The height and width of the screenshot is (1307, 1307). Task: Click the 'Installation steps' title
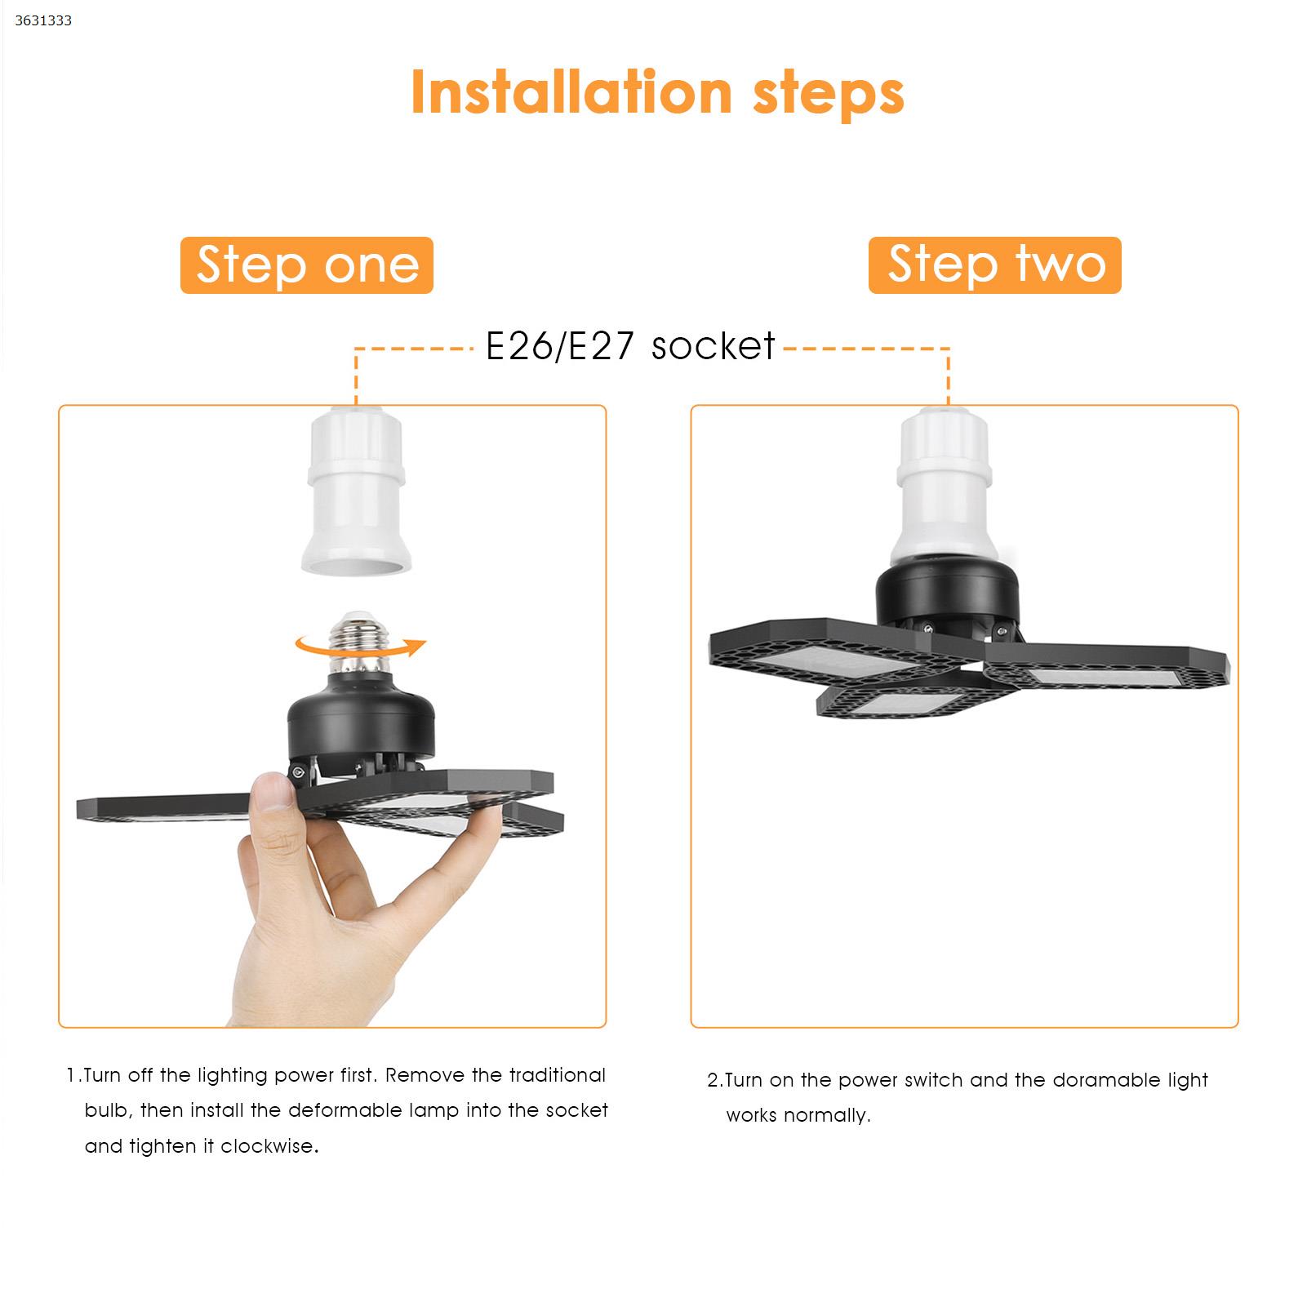click(657, 93)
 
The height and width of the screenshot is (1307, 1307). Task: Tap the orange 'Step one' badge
click(307, 265)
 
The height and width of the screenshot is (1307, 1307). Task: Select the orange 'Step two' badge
click(995, 265)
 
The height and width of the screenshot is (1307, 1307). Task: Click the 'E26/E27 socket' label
click(630, 345)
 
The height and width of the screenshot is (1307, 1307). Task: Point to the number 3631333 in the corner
click(43, 20)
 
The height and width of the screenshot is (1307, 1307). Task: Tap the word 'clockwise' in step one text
click(267, 1146)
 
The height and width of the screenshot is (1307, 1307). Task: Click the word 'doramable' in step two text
click(1101, 1080)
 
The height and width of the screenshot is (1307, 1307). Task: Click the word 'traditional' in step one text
click(558, 1075)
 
